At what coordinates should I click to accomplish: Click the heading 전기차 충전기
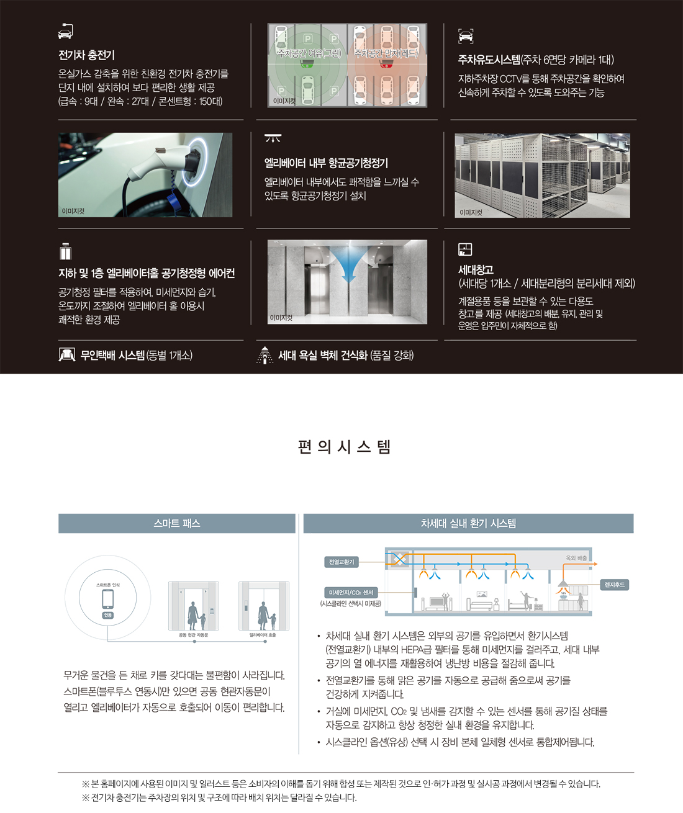pos(86,55)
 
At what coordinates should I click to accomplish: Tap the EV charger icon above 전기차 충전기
pos(66,30)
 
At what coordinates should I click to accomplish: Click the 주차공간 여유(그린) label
pos(309,53)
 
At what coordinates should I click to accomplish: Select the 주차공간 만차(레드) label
pos(386,53)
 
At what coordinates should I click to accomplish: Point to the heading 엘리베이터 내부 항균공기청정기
pos(326,163)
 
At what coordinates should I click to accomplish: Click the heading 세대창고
pos(476,270)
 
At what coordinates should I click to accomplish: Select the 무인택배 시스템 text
pos(137,355)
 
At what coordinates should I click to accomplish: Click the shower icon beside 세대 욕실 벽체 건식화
pos(265,355)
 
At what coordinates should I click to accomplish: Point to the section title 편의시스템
pos(344,447)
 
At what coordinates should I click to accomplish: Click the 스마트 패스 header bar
pos(177,523)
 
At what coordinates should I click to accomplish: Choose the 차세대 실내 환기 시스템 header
pos(468,523)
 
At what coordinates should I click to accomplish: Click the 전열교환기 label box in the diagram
pos(341,562)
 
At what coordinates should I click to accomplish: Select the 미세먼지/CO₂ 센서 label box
pos(351,593)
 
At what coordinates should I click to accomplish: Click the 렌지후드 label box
pos(615,585)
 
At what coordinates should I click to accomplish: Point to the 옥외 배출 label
pos(576,558)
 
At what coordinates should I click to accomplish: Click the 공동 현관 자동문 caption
pos(193,635)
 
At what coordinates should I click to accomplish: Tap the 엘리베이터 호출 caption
pos(263,635)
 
